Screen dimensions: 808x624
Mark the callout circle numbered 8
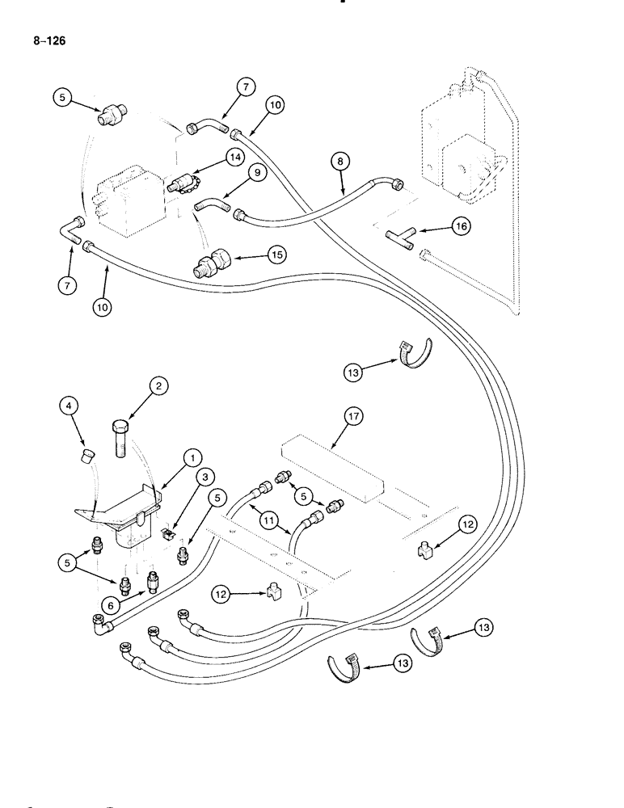(341, 161)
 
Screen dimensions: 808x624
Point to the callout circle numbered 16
(461, 228)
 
